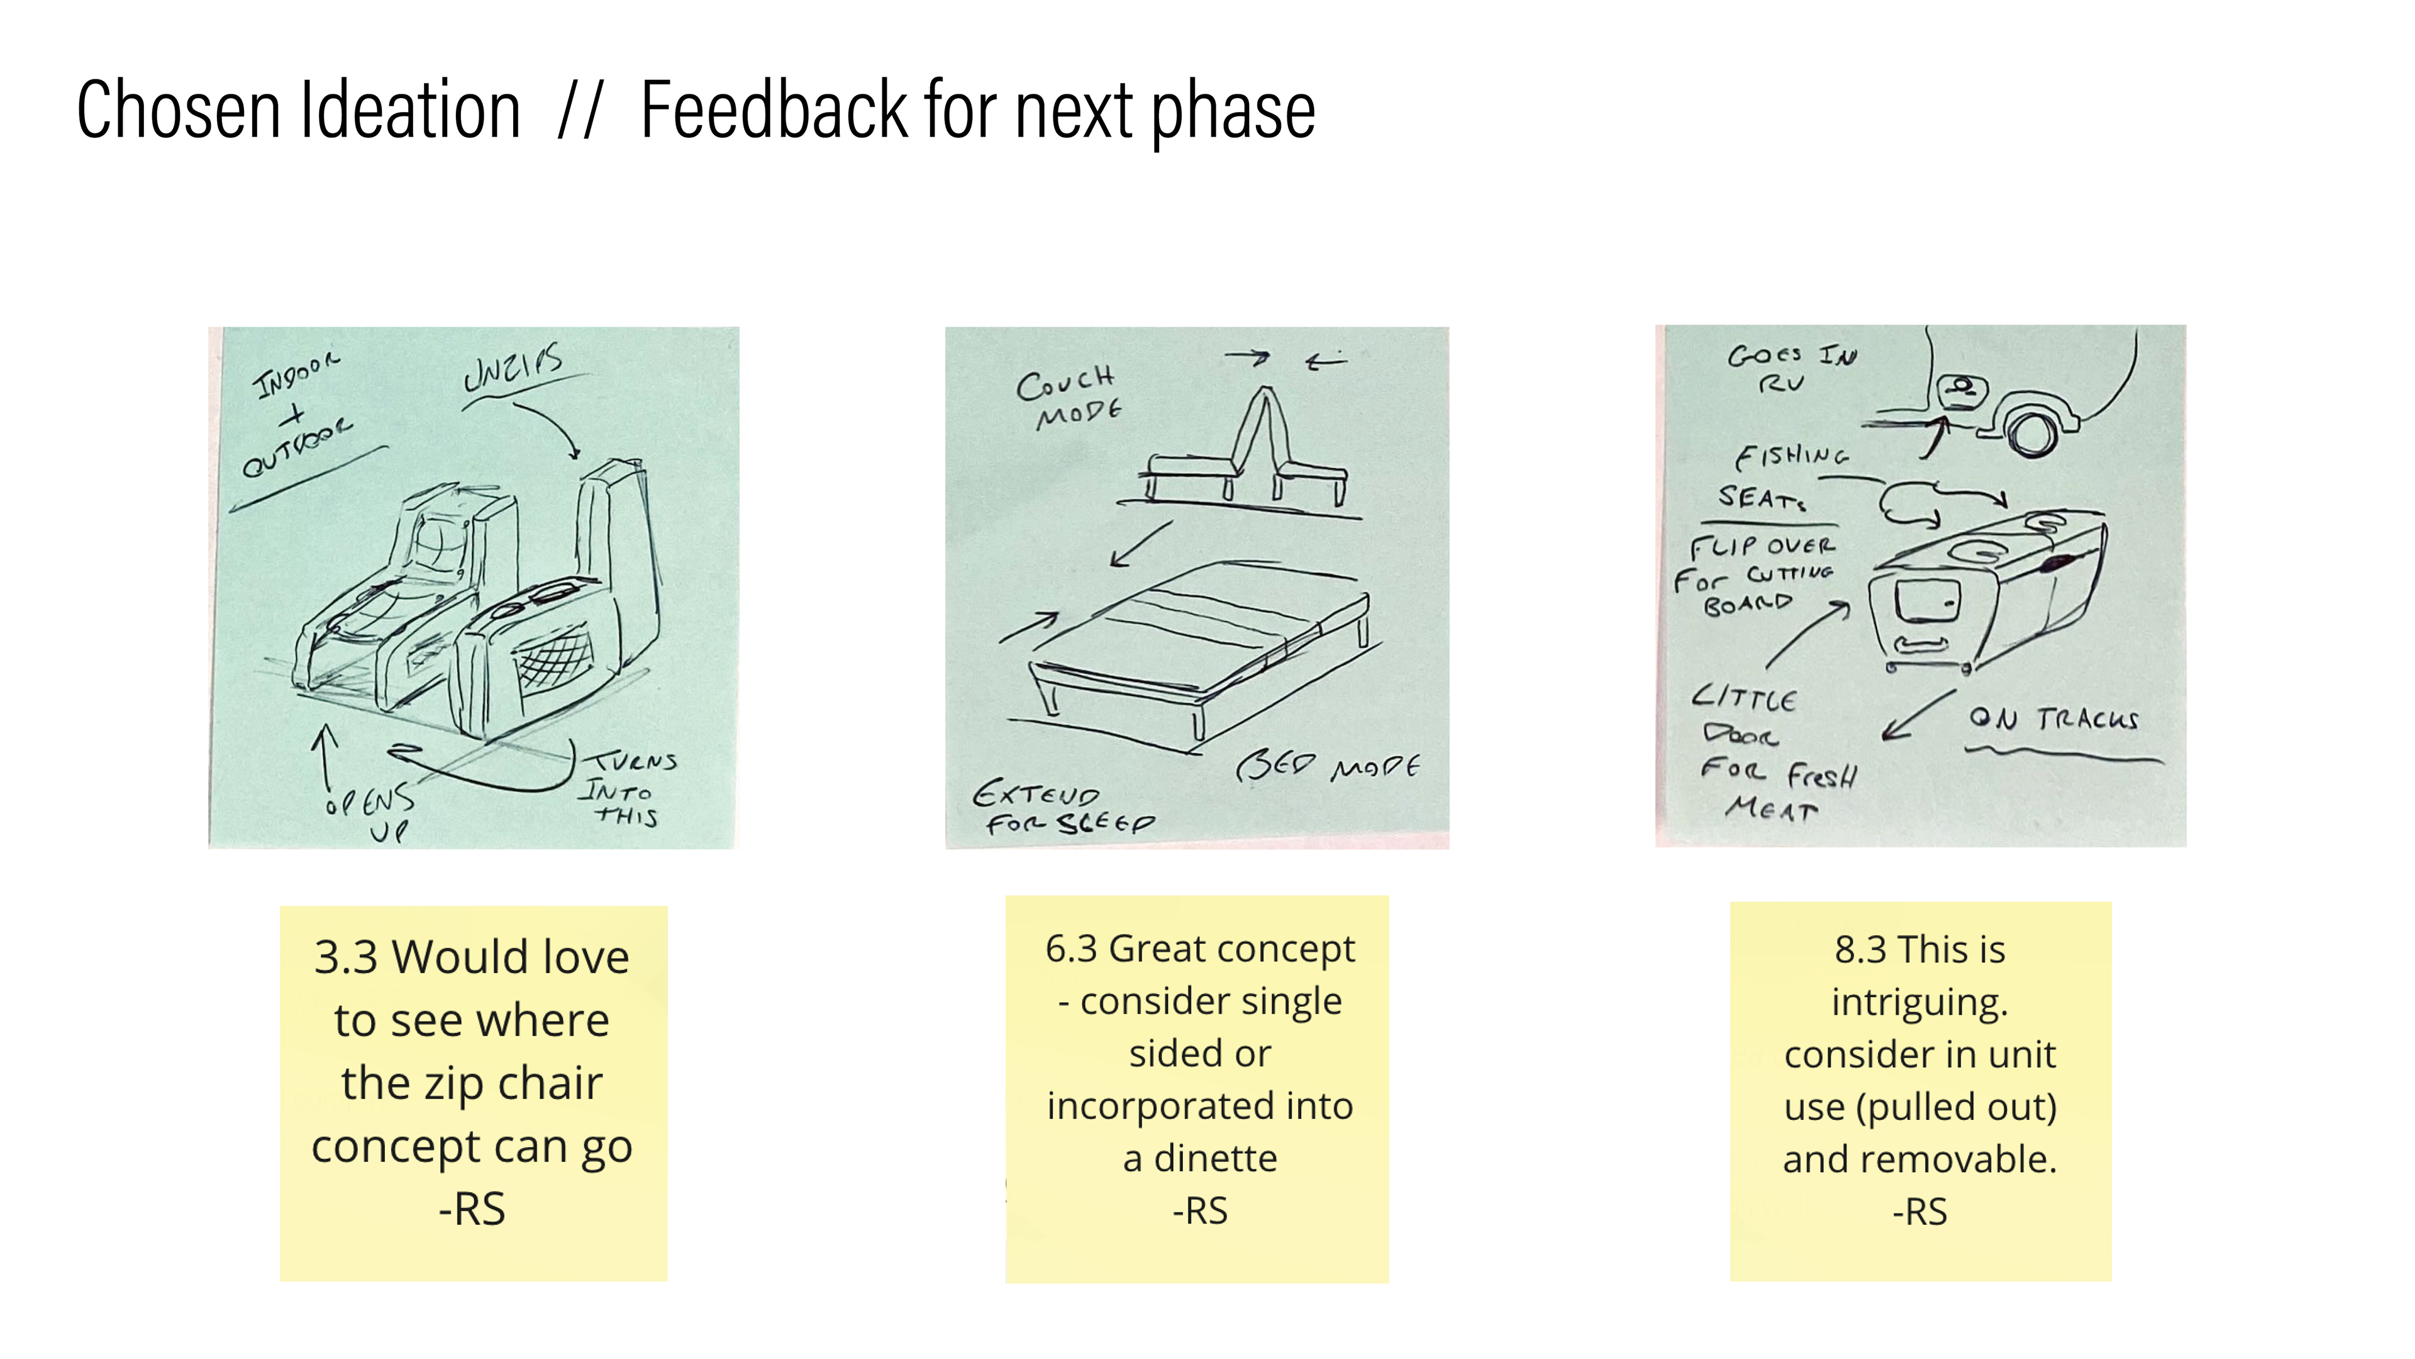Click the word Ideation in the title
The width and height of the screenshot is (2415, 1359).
click(x=409, y=111)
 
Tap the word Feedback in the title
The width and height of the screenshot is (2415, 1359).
click(x=774, y=111)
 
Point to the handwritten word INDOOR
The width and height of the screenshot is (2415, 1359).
click(x=296, y=375)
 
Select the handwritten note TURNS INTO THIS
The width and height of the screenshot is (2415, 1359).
click(x=626, y=788)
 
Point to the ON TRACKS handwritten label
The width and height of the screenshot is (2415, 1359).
click(x=2053, y=719)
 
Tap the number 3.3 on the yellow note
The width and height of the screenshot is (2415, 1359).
click(x=345, y=958)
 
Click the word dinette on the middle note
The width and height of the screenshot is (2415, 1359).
click(x=1215, y=1159)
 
